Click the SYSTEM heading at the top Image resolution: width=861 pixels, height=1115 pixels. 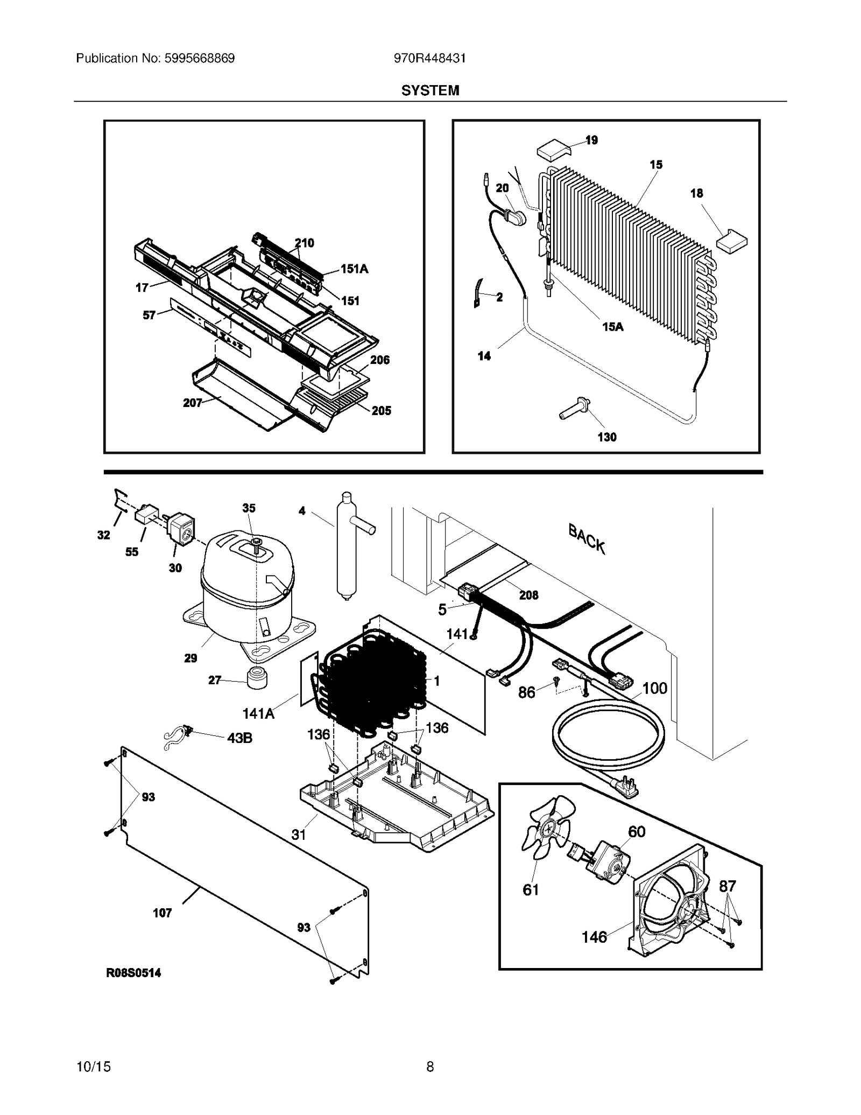point(430,90)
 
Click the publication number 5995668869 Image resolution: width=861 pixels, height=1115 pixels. point(197,58)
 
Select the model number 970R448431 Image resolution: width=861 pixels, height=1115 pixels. point(429,58)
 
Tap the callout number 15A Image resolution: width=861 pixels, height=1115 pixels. point(612,326)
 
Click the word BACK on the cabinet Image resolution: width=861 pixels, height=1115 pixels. point(587,539)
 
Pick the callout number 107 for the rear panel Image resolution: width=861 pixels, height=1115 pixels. point(162,913)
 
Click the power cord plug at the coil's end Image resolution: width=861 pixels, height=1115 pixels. point(626,789)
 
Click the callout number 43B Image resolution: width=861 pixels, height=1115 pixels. point(239,738)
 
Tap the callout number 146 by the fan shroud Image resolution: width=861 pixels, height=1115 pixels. point(594,937)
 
